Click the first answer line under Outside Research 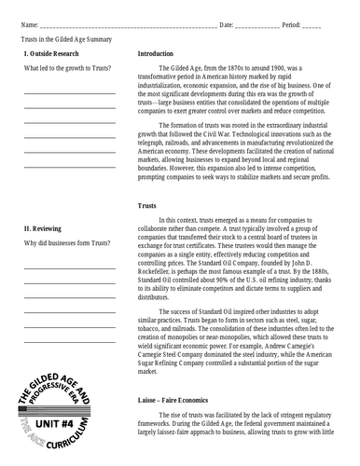coord(70,94)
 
